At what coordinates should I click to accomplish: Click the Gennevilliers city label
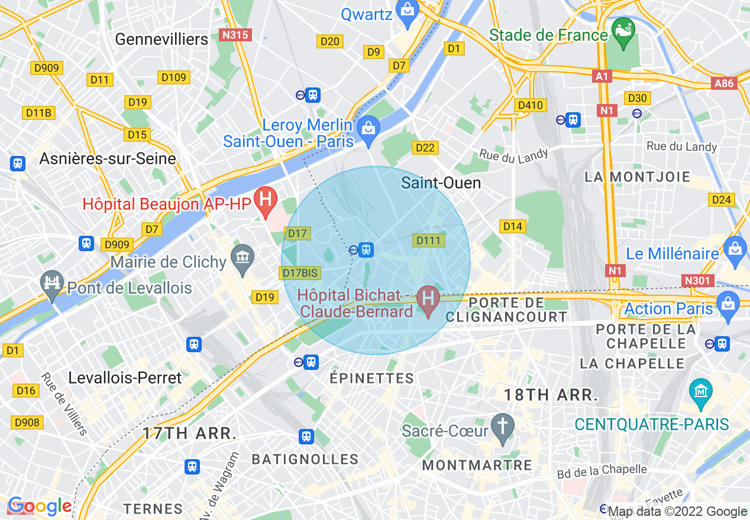(161, 39)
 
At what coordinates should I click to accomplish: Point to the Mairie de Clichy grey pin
(243, 258)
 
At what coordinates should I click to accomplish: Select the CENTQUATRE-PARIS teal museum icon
(700, 392)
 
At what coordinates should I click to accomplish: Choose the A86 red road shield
(724, 83)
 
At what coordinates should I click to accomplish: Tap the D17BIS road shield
(300, 273)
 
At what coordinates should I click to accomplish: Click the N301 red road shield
(697, 281)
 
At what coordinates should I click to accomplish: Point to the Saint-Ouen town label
(441, 183)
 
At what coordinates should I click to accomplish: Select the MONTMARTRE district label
(477, 465)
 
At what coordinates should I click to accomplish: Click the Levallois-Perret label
(125, 378)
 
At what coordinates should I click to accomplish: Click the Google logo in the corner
(39, 506)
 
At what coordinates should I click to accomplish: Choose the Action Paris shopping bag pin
(727, 305)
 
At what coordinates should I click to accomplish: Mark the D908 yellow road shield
(27, 422)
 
